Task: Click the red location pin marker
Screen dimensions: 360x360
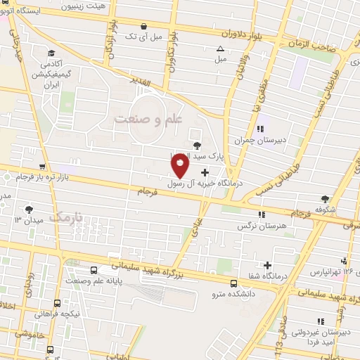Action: click(x=180, y=165)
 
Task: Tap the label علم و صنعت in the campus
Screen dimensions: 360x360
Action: click(x=148, y=120)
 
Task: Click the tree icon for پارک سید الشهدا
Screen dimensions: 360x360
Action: click(x=196, y=145)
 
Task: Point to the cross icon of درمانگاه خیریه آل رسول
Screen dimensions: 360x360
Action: click(x=205, y=172)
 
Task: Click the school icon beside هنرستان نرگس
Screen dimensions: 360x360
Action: click(x=262, y=214)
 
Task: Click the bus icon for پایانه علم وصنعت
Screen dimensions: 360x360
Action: click(x=94, y=270)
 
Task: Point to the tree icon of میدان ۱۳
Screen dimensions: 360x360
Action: click(x=30, y=209)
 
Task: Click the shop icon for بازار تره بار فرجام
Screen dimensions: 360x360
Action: click(x=44, y=167)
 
